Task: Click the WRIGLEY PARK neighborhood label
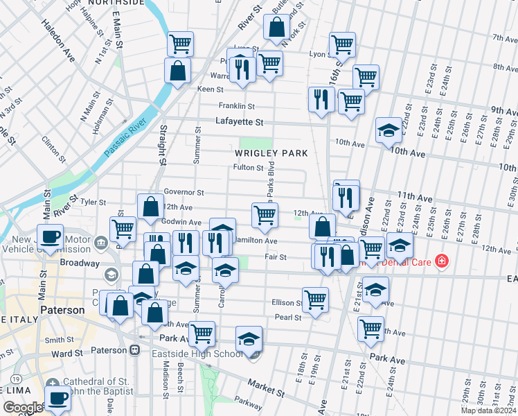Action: coord(270,152)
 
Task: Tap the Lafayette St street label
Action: coord(240,122)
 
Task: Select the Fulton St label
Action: coord(248,168)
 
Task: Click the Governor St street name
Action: coord(184,192)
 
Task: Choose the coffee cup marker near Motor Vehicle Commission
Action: coord(51,236)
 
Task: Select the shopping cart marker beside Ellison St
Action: coord(316,299)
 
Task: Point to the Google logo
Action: coord(22,408)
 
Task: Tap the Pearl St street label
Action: coord(288,318)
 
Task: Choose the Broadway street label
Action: coord(80,263)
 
